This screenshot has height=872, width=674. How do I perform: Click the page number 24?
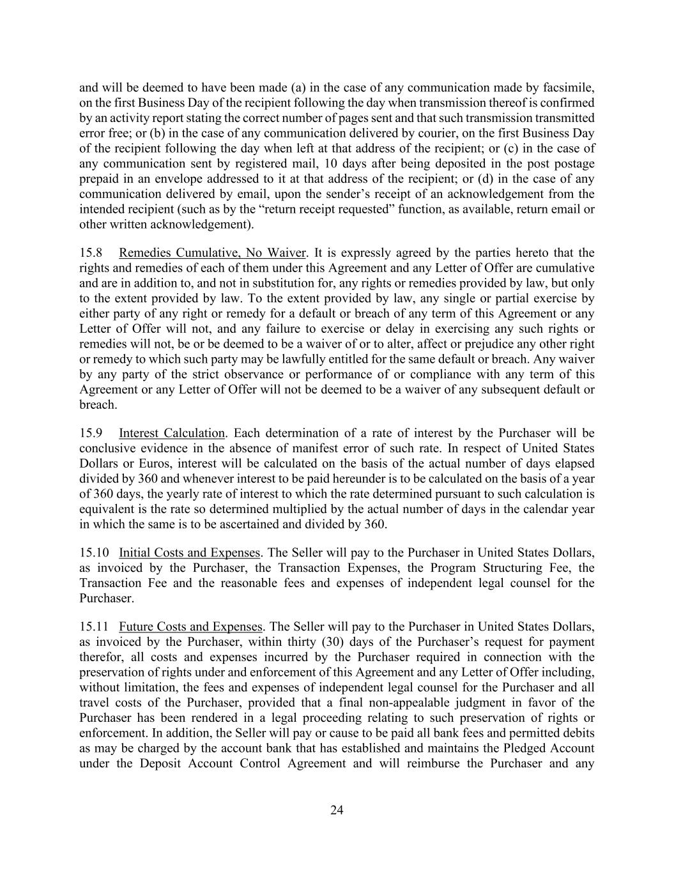pyautogui.click(x=337, y=810)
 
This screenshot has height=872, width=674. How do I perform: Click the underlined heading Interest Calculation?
pyautogui.click(x=172, y=433)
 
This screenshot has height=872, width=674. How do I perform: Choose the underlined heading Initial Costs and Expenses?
pyautogui.click(x=189, y=553)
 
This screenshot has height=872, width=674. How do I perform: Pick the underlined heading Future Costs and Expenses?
pyautogui.click(x=190, y=627)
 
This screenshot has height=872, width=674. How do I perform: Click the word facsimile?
pyautogui.click(x=568, y=88)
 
